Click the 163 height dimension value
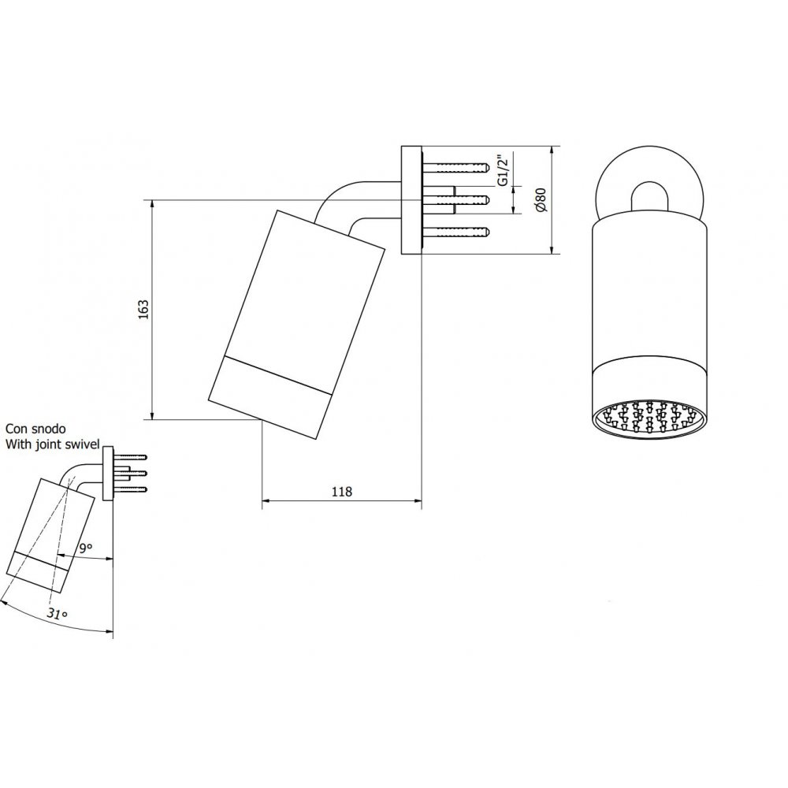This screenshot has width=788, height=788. coord(143,310)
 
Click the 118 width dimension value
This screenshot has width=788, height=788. coord(342,491)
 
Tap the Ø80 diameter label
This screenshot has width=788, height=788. coord(541,199)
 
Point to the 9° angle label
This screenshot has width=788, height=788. coord(86,548)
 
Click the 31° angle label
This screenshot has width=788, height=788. coord(58,613)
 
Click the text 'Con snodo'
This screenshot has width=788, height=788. coord(35,429)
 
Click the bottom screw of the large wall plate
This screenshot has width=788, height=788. coord(455,232)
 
